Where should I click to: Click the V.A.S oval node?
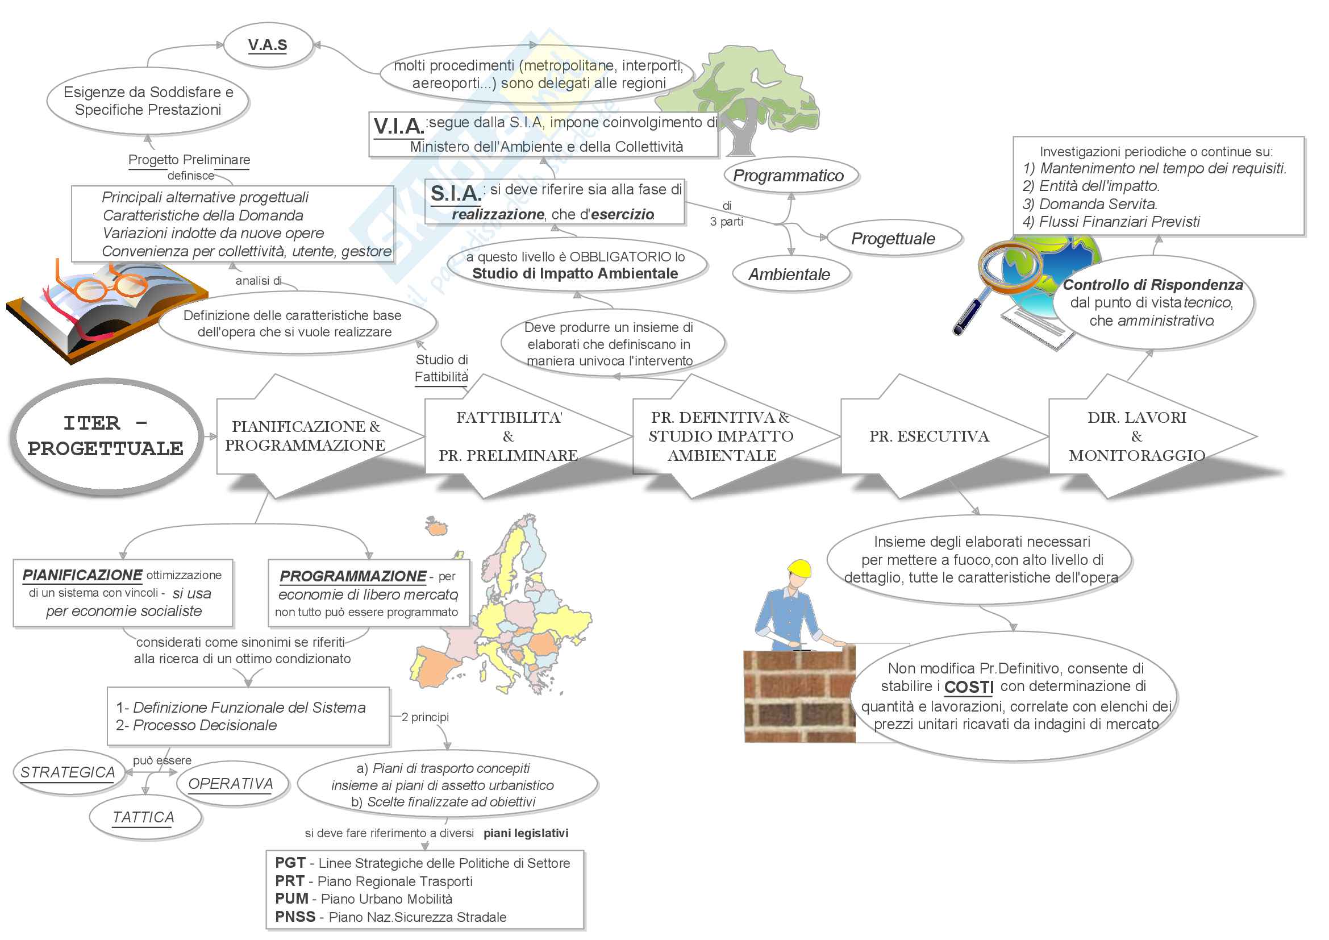coord(268,45)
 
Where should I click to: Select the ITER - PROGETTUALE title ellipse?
coord(106,436)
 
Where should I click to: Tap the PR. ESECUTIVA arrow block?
coord(930,436)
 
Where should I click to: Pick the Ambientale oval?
coord(790,274)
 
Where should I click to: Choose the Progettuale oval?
coord(893,239)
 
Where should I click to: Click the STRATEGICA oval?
coord(68,772)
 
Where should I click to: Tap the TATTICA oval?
coord(144,817)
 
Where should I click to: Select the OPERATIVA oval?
coord(231,784)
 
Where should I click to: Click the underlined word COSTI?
coord(969,687)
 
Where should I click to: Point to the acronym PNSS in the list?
coord(295,917)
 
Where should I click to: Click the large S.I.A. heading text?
coord(456,193)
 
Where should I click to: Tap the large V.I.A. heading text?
coord(399,126)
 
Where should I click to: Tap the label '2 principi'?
coord(425,717)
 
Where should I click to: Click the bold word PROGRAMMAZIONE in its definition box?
coord(353,576)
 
